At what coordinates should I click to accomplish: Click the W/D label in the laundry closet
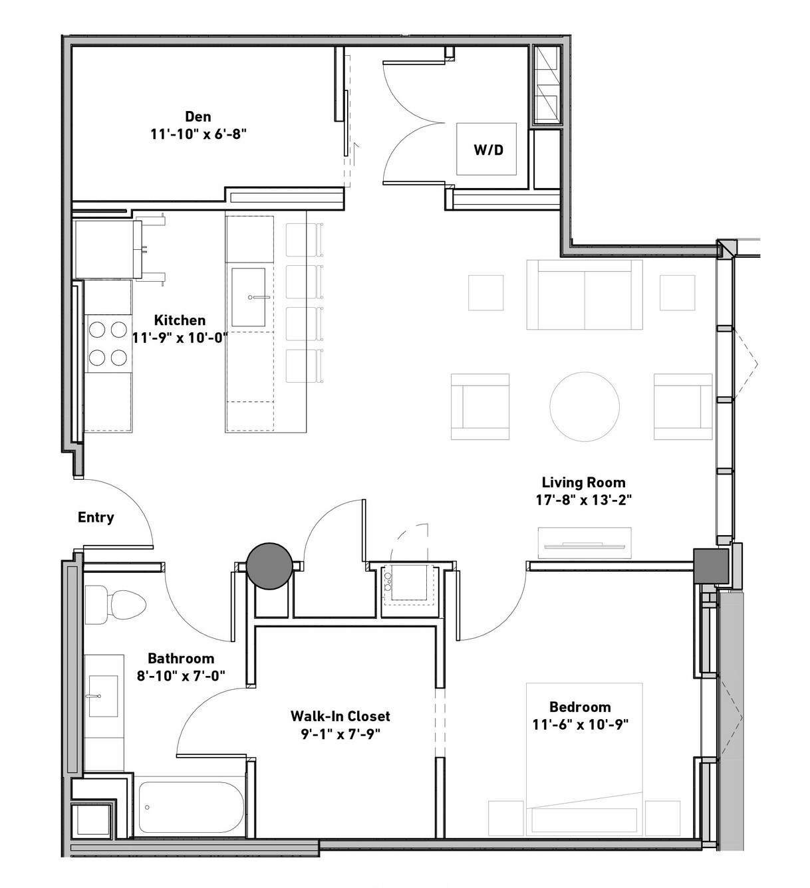pos(488,150)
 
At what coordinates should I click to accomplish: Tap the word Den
pos(198,116)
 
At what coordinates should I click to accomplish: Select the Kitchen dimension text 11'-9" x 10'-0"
pos(180,338)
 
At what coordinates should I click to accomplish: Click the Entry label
pos(96,517)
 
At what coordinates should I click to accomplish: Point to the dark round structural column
pos(269,566)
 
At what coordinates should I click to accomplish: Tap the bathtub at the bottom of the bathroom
pos(192,808)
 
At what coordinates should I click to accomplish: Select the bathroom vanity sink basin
pos(103,696)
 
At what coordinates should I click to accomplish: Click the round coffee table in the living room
pos(585,406)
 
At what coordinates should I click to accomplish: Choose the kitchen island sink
pos(249,296)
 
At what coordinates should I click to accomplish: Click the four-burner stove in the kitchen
pos(108,344)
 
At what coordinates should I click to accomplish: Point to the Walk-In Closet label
pos(340,716)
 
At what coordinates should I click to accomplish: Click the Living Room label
pos(584,482)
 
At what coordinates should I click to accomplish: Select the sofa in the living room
pos(585,295)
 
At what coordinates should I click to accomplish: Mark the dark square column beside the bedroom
pos(711,566)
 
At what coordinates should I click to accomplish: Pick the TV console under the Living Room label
pos(585,543)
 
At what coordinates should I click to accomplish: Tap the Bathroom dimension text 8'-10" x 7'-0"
pos(182,676)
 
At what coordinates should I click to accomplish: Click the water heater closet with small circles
pos(408,584)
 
